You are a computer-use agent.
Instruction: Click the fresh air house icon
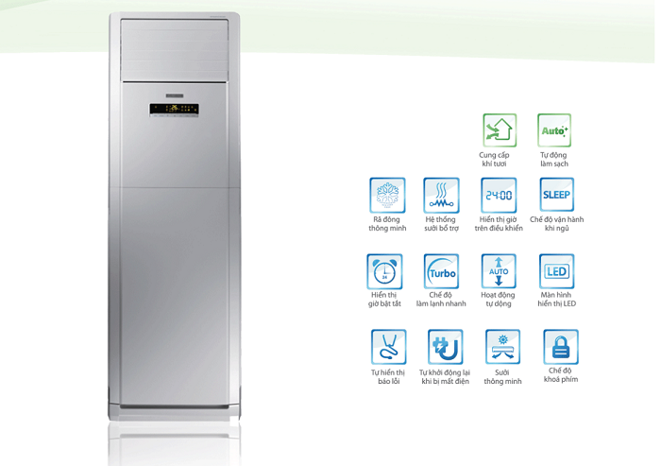tap(500, 129)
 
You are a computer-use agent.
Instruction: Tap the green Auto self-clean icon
tap(554, 129)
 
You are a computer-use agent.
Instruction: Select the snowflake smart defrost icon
tap(387, 195)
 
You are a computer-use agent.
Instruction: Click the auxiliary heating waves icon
tap(441, 195)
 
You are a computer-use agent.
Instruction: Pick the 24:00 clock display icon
tap(499, 195)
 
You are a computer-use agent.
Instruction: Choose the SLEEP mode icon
tap(556, 195)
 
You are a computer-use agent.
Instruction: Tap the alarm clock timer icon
tap(384, 271)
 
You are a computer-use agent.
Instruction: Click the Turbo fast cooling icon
tap(441, 271)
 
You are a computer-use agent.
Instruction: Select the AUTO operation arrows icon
tap(499, 271)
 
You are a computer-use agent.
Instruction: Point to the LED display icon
tap(557, 271)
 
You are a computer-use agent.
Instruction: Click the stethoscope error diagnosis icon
tap(388, 347)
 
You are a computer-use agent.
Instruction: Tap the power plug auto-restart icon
tap(445, 347)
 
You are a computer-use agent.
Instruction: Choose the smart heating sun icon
tap(502, 347)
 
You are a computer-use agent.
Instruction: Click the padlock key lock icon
tap(561, 347)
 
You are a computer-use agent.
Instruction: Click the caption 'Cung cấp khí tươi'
tap(499, 159)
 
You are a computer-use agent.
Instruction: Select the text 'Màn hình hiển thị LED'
tap(557, 300)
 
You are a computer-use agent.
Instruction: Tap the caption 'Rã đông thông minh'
tap(387, 224)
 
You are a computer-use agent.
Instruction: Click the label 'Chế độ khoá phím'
tap(561, 375)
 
